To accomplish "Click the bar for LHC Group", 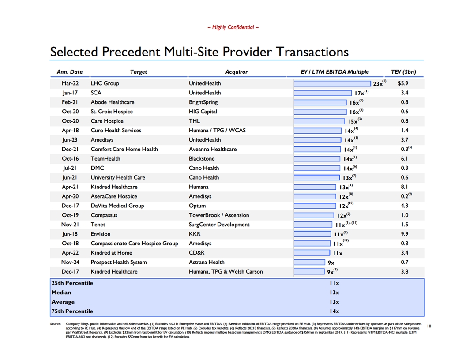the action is coord(332,84).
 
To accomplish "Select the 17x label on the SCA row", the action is coord(359,93).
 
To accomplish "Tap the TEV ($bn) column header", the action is coord(403,72).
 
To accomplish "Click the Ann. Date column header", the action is coord(70,72).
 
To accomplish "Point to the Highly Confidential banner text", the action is coord(233,27).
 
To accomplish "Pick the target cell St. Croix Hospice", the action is coord(112,112).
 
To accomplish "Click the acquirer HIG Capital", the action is coord(203,112).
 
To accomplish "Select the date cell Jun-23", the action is coord(70,140).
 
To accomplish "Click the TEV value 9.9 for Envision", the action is coord(405,234).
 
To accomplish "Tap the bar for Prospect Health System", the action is coord(309,262).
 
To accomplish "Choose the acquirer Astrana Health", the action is coord(207,262).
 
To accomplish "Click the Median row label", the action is coord(61,292).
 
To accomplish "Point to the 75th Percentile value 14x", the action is coord(334,311).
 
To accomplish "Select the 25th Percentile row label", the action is coord(72,283).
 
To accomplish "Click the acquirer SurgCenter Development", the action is coord(219,225).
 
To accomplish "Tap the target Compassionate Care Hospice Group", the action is coord(134,244).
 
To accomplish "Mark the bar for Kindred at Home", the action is coord(312,253).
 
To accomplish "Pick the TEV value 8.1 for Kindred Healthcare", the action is coord(405,187).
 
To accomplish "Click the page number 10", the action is coord(429,326).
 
